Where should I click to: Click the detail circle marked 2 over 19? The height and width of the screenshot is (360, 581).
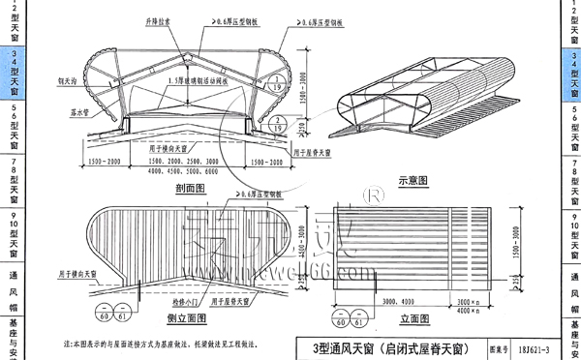point(278,120)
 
